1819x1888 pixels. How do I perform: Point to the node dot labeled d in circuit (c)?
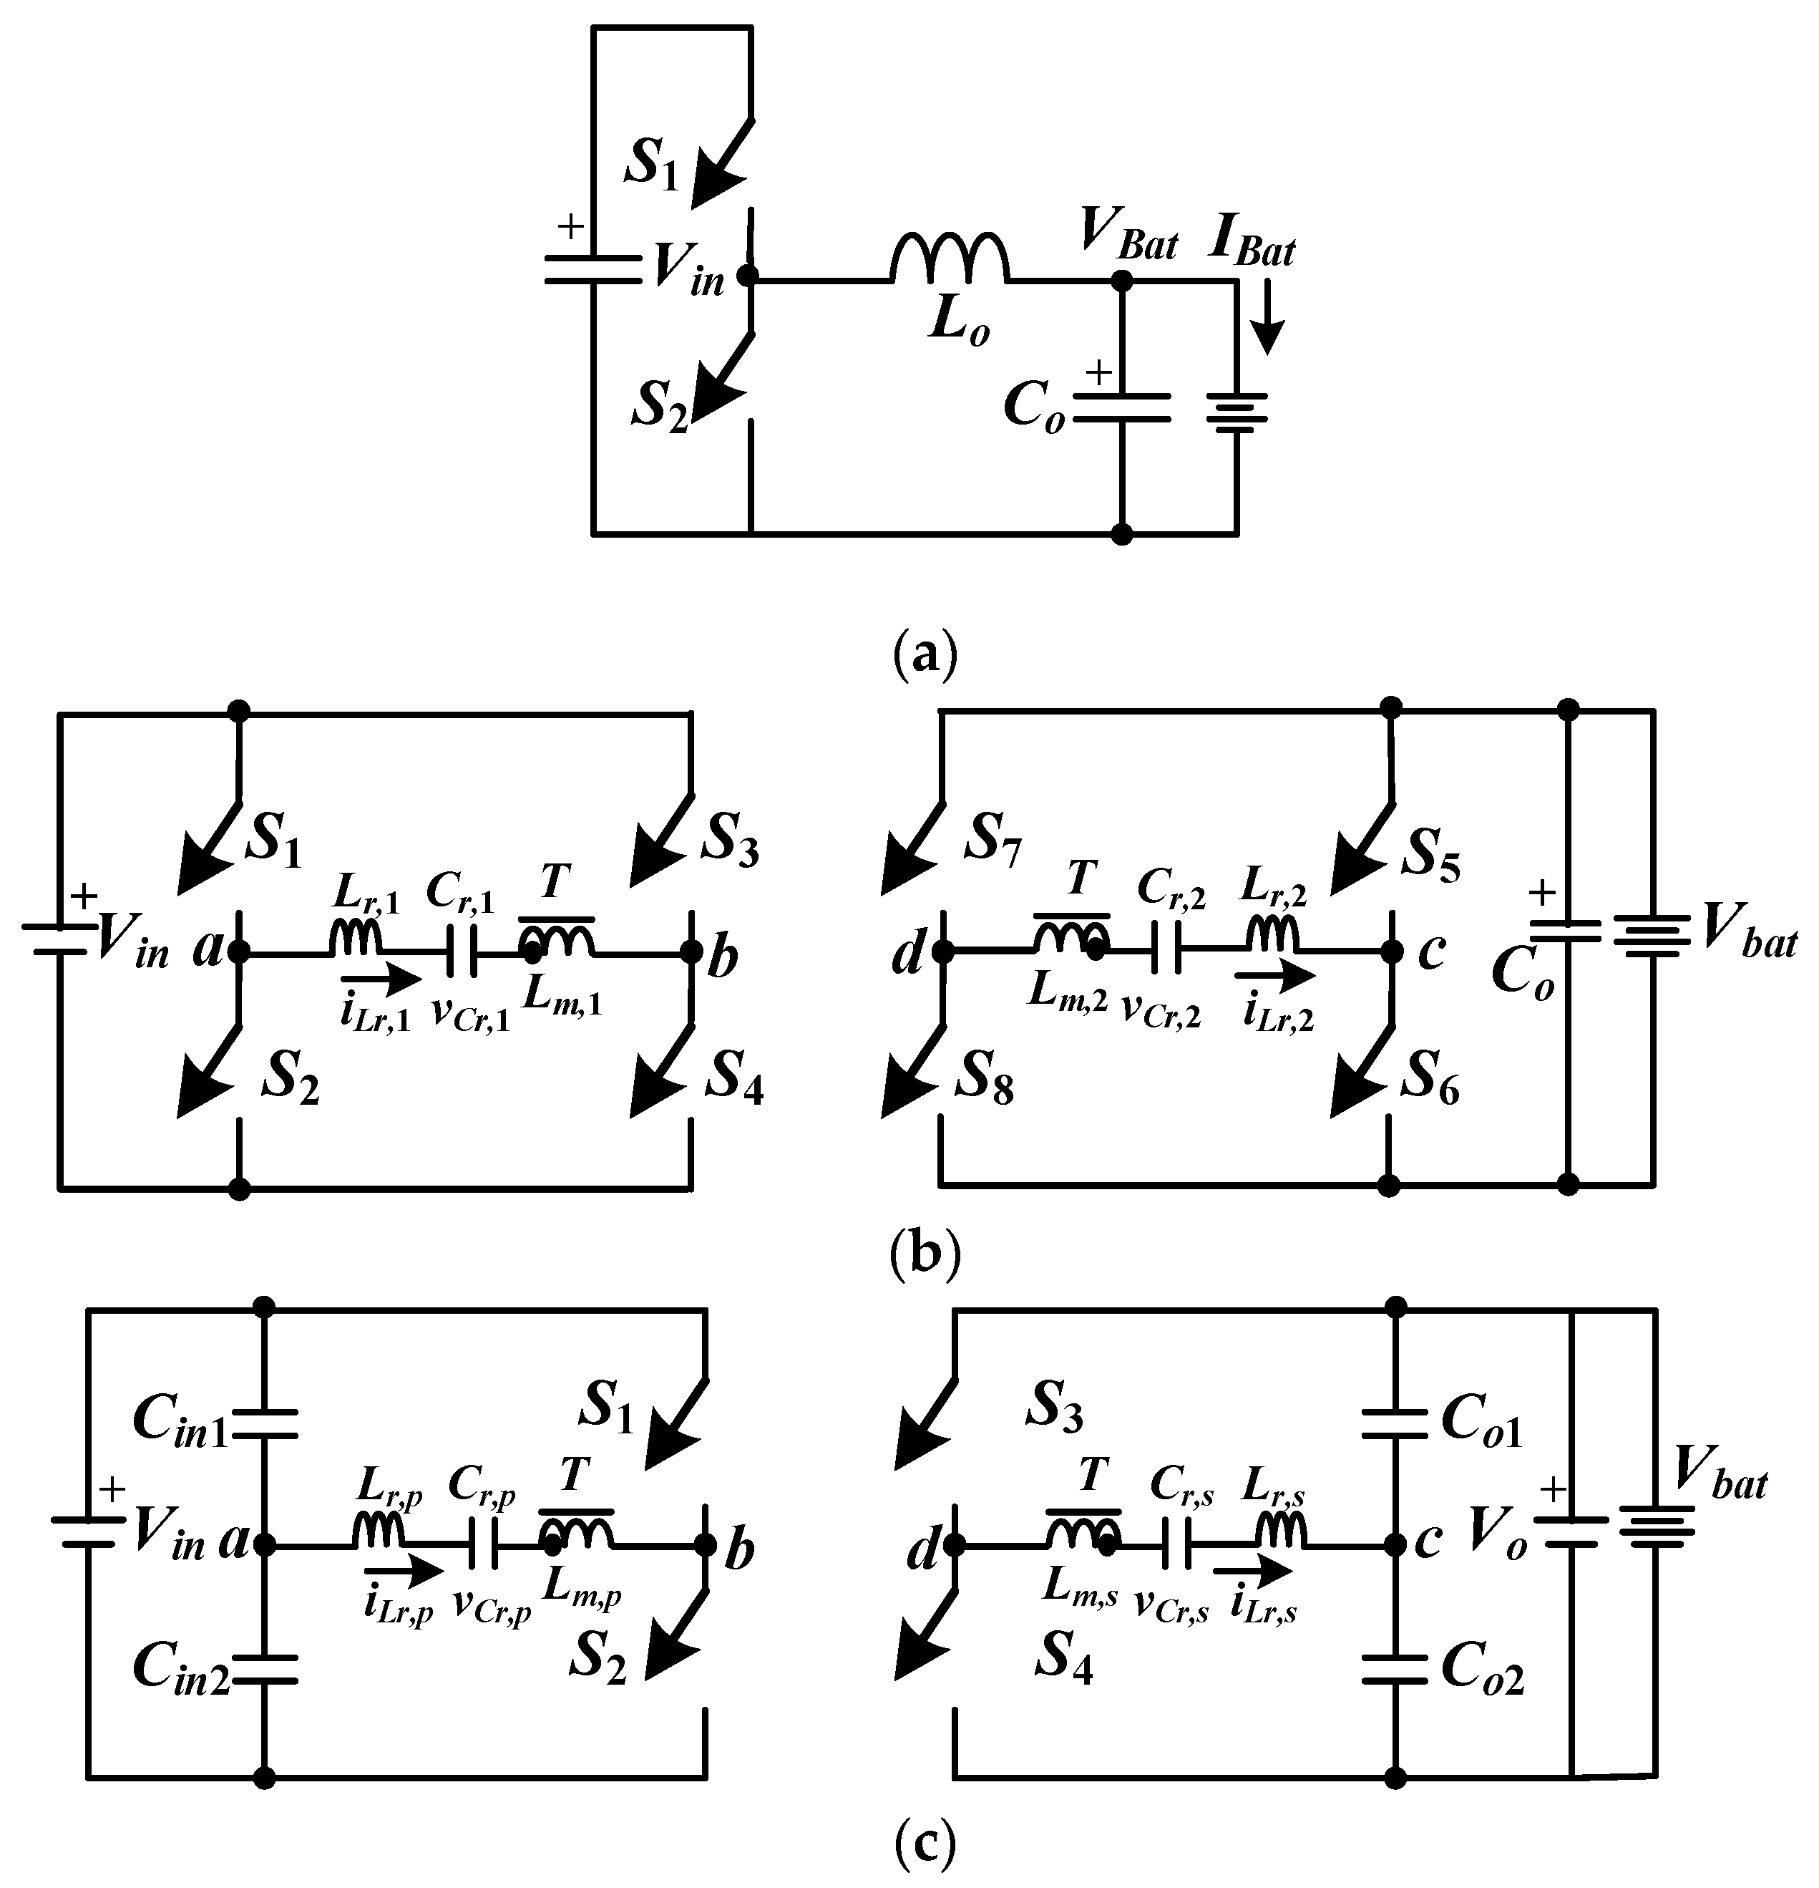click(x=955, y=1546)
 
